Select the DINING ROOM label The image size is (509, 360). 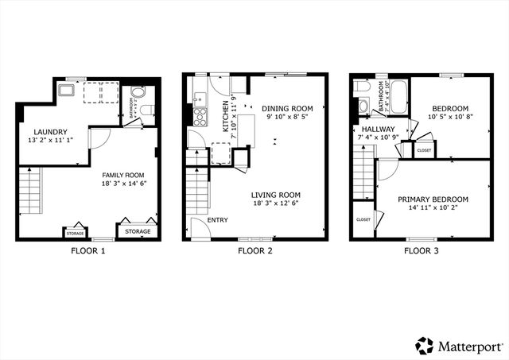tap(287, 109)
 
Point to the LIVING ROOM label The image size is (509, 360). tap(275, 195)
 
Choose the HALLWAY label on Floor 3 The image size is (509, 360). tap(374, 129)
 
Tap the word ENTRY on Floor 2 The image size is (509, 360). tap(218, 220)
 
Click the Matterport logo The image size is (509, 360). tap(457, 345)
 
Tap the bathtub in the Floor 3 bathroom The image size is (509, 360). tap(397, 97)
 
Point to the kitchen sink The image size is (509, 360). tap(200, 99)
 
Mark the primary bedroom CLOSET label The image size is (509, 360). tap(363, 219)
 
